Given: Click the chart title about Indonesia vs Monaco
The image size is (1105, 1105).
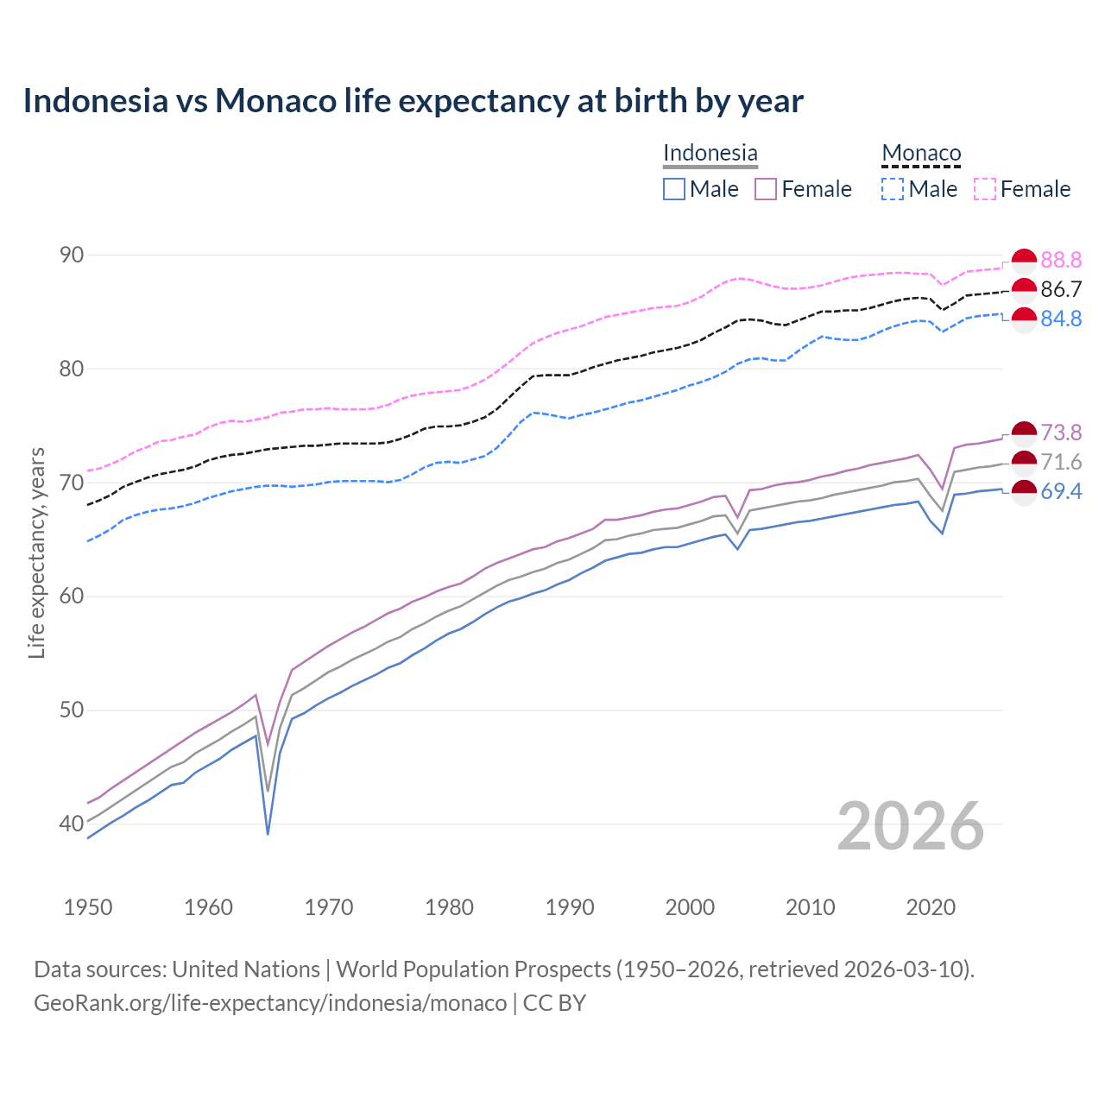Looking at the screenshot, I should pos(413,101).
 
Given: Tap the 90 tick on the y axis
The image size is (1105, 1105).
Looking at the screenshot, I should pos(72,255).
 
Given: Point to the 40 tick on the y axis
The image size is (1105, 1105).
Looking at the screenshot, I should pos(72,824).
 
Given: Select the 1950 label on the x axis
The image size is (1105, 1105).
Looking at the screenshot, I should pos(88,907).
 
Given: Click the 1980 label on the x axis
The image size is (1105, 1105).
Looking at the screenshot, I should pos(449,907).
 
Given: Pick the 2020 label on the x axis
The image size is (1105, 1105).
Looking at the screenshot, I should pos(931,907).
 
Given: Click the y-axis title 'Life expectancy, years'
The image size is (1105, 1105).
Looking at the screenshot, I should pos(36,552).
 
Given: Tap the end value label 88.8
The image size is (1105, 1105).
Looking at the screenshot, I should pos(1061,260).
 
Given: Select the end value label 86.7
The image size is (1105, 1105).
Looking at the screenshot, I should pos(1061,289).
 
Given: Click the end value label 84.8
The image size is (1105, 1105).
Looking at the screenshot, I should pos(1061,319).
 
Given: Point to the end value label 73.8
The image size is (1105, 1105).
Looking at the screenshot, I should pos(1061,433).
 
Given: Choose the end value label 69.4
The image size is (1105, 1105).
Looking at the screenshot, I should pos(1061,491).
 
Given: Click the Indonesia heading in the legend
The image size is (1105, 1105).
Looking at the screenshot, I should pos(710,153).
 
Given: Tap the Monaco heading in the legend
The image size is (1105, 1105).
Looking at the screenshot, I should pos(921,153).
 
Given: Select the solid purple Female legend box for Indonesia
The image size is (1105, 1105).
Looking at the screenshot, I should pos(766,189).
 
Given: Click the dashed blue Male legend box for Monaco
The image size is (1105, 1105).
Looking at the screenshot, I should pos(893,189).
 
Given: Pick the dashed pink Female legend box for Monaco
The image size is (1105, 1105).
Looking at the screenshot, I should pos(985,189).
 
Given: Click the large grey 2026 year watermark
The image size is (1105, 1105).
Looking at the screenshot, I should pos(911,826).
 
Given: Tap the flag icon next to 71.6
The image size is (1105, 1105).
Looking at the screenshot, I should pos(1024,462).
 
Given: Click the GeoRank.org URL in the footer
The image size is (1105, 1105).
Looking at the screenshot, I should pos(270,1003).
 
